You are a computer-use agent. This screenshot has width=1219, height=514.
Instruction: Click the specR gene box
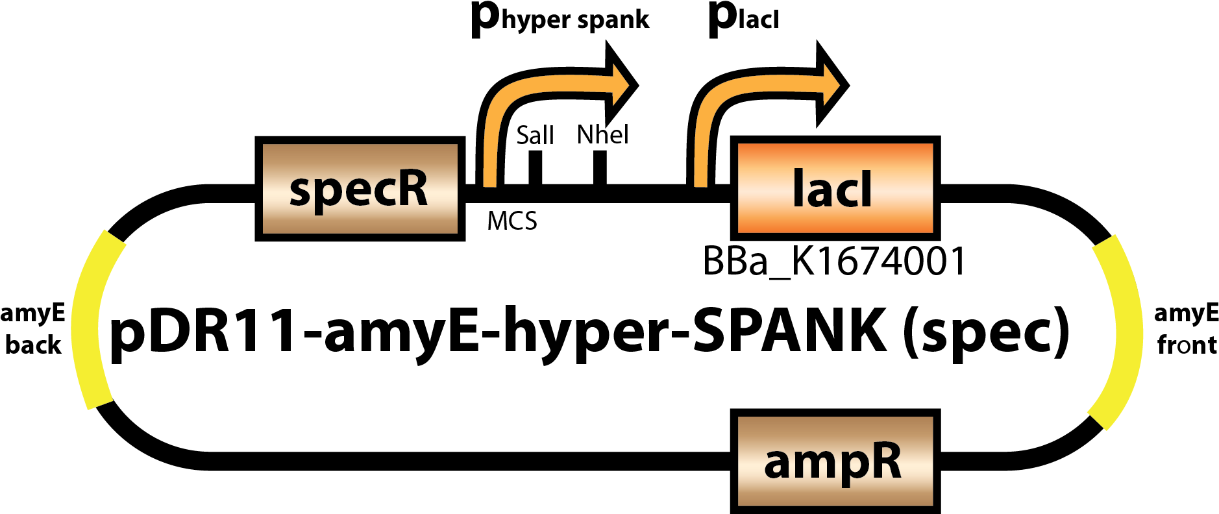tap(360, 188)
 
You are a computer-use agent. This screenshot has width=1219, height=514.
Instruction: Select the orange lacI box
tap(835, 188)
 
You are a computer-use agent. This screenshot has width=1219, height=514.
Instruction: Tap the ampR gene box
tap(835, 461)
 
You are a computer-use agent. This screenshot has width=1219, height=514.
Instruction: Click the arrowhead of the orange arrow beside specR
tap(621, 84)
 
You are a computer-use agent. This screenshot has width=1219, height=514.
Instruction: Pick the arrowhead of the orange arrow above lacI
tap(831, 84)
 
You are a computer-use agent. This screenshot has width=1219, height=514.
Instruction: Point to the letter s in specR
tap(300, 191)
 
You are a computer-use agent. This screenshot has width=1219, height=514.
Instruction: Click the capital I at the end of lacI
tap(866, 189)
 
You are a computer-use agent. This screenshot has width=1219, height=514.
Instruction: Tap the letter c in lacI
tap(844, 193)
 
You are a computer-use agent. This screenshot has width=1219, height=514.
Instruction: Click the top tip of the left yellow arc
tap(114, 237)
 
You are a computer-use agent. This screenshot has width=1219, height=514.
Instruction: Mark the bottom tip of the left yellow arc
tap(100, 404)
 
